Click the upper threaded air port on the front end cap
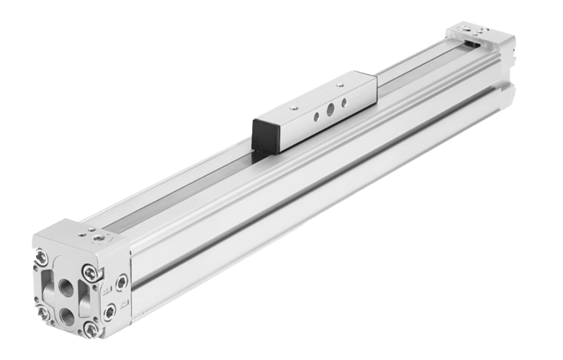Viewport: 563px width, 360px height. [66, 286]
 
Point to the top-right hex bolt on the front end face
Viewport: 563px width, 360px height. [90, 272]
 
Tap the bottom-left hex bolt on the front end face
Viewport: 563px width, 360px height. [43, 313]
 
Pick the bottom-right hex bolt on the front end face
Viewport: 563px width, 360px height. [91, 329]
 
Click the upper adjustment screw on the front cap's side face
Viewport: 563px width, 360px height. [121, 283]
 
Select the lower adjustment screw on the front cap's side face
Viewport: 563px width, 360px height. [110, 311]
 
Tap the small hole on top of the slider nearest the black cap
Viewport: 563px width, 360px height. [294, 107]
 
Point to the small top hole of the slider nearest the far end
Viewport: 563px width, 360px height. [339, 86]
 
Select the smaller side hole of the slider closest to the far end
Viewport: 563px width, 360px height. [343, 103]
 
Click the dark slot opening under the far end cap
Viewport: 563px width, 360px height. [473, 45]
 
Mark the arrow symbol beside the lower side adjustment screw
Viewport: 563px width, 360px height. [124, 302]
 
